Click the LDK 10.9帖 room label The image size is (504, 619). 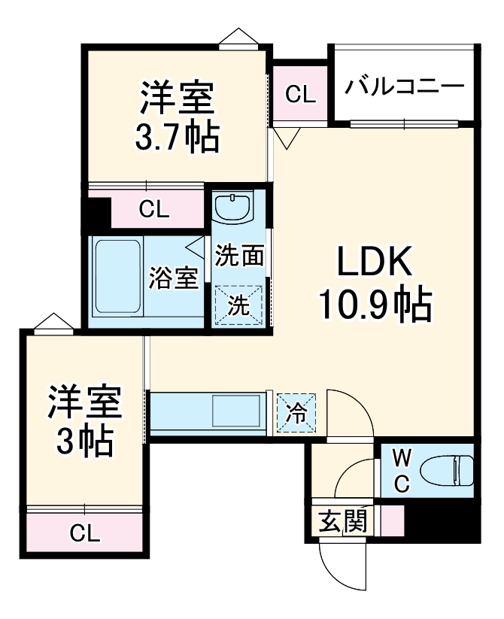pos(374,282)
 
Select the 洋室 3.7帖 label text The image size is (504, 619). pos(178,117)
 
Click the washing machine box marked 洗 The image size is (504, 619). pos(239,306)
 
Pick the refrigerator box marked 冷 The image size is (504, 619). pos(297,412)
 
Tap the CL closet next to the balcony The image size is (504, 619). pos(300,95)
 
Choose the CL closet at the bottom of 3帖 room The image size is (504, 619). pos(84,533)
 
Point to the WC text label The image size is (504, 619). pos(400,471)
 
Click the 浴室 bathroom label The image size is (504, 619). pos(174,278)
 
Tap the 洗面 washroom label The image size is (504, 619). pos(239,256)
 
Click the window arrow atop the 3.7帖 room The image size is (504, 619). pos(239,37)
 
